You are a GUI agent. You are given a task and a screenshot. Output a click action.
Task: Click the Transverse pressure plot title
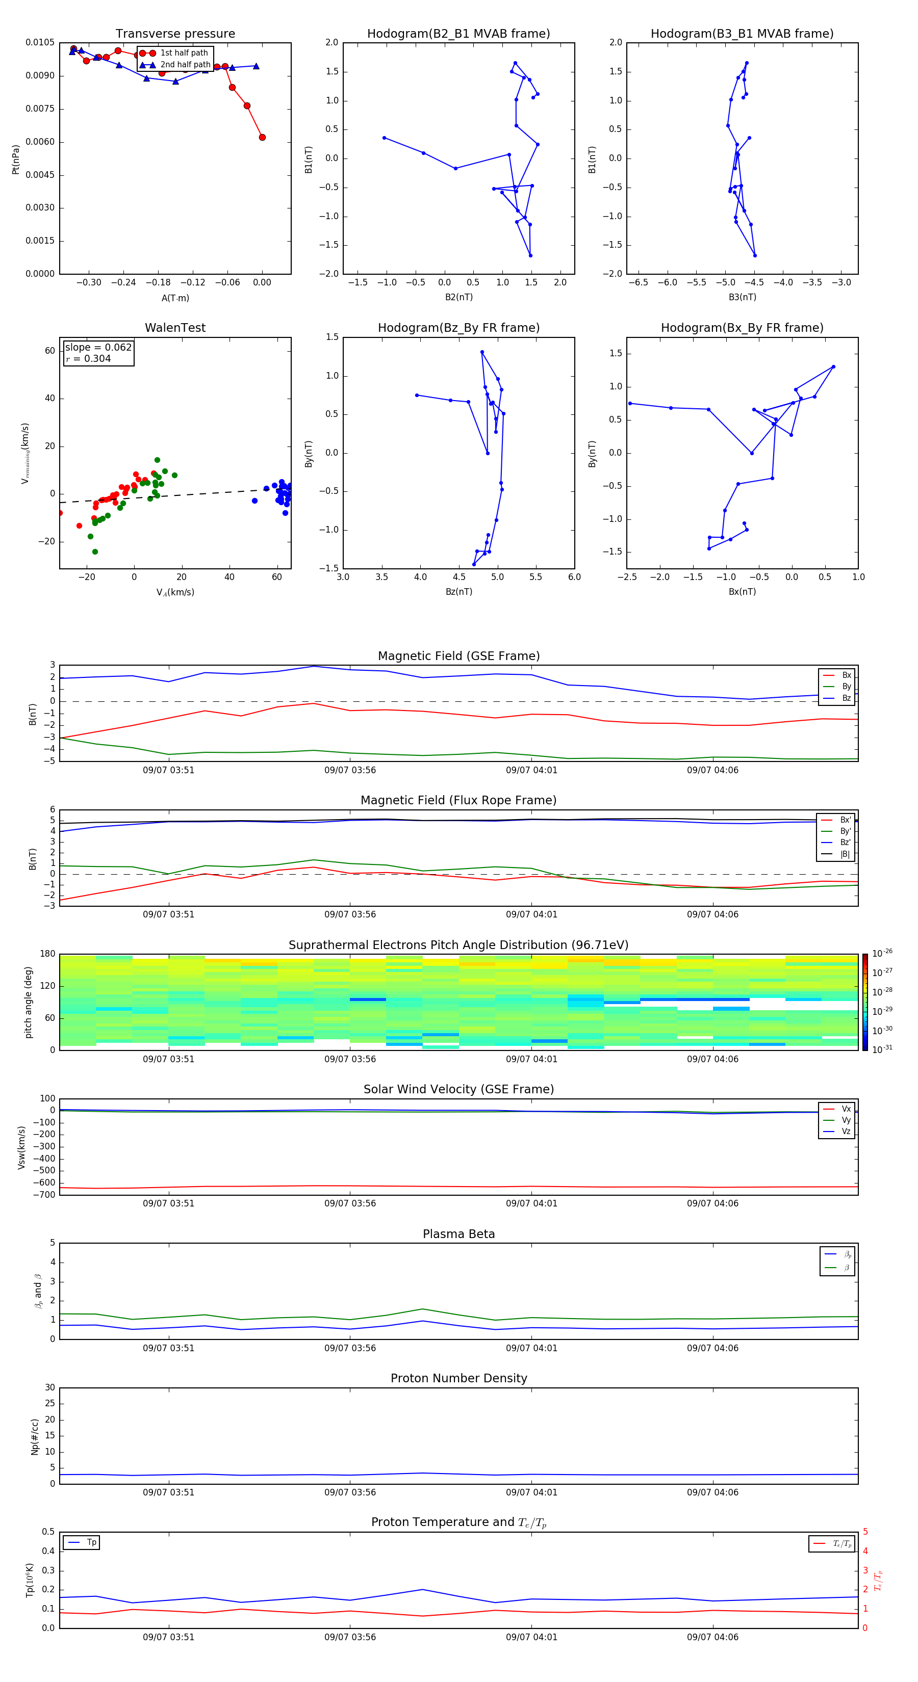[x=175, y=34]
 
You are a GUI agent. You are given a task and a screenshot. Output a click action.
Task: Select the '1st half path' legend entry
[x=184, y=53]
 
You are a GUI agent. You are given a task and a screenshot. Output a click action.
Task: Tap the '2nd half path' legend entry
[x=185, y=65]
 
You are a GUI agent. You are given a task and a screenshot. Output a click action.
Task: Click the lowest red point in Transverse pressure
[x=262, y=137]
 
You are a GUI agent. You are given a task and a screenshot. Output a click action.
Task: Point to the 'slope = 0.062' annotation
[x=98, y=348]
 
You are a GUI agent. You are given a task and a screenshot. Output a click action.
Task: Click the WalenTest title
[x=175, y=328]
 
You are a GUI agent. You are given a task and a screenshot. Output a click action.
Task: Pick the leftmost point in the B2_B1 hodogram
[x=384, y=138]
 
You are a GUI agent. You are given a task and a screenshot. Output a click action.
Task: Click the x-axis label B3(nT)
[x=742, y=297]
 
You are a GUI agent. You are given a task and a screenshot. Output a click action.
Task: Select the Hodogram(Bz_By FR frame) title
[x=458, y=328]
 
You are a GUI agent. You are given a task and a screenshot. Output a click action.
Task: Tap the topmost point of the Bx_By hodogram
[x=833, y=367]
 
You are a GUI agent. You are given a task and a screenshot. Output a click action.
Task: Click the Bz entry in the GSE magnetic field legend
[x=846, y=698]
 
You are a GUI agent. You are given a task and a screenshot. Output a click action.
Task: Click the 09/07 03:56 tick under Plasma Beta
[x=350, y=1348]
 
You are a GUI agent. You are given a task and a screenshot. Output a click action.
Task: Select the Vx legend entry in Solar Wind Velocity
[x=846, y=1109]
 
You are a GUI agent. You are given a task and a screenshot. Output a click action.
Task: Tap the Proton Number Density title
[x=458, y=1378]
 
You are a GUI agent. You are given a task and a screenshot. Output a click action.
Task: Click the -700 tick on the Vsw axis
[x=46, y=1195]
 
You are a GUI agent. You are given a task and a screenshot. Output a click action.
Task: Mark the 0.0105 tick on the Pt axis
[x=40, y=43]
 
